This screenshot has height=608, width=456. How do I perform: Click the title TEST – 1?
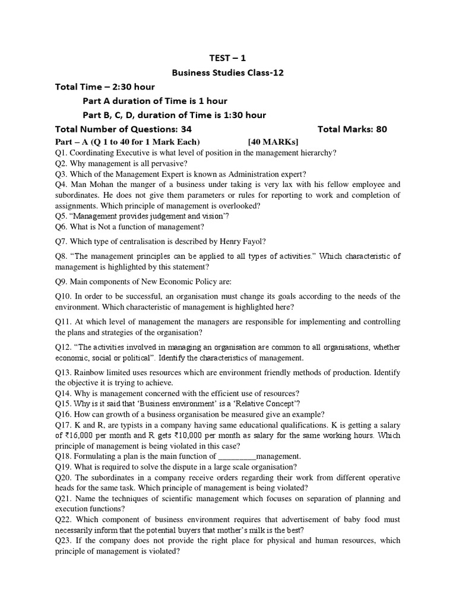[x=228, y=58]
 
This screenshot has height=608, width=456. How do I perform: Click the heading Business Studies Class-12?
[x=228, y=73]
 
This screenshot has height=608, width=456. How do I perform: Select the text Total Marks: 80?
[x=352, y=129]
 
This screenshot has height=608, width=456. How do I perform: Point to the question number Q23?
[x=63, y=541]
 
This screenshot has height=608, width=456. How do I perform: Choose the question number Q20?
[x=63, y=477]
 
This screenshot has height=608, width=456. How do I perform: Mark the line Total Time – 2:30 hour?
[x=104, y=87]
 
